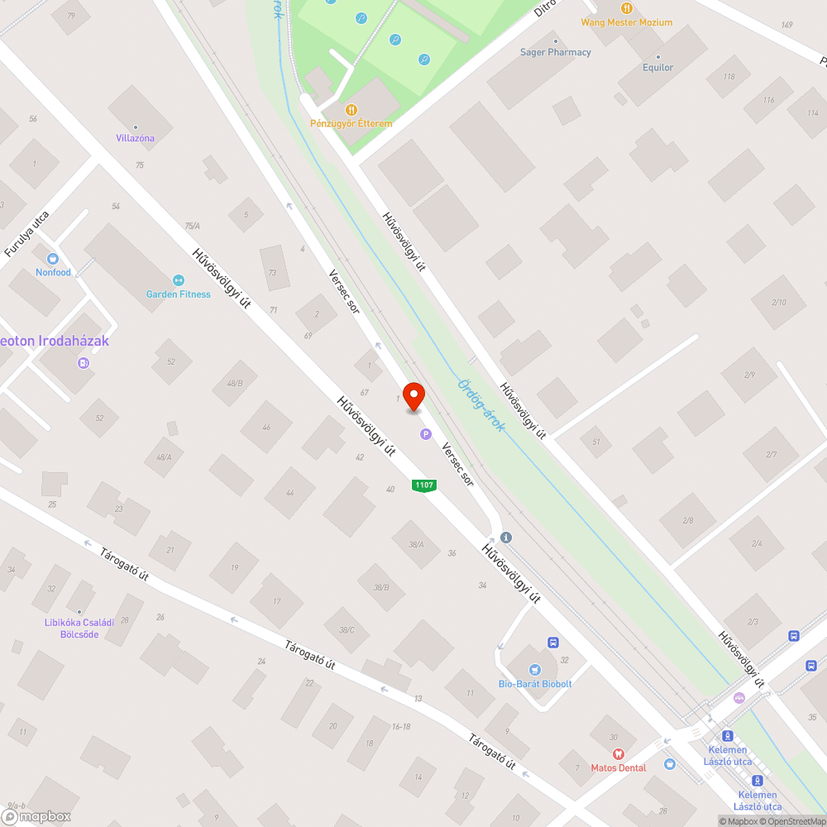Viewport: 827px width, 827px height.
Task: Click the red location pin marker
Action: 413,396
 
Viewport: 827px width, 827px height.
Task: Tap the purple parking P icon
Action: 426,433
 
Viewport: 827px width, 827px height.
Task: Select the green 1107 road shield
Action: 424,485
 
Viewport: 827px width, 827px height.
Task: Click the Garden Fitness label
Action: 179,294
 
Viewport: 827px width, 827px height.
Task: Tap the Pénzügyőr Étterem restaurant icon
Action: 351,109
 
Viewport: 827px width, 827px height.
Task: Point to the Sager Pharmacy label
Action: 556,52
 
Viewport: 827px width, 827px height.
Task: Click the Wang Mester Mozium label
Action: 627,22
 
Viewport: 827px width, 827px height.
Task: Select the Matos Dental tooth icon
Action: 617,753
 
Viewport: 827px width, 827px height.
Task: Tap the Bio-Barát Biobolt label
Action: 535,684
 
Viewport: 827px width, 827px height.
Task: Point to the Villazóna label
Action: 135,138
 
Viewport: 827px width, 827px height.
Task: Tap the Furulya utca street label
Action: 27,233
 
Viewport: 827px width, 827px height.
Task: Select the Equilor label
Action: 658,68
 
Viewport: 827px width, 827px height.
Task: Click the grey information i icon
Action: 506,538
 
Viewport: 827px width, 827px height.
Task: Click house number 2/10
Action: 779,302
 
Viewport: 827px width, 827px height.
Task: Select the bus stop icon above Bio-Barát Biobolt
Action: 553,642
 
